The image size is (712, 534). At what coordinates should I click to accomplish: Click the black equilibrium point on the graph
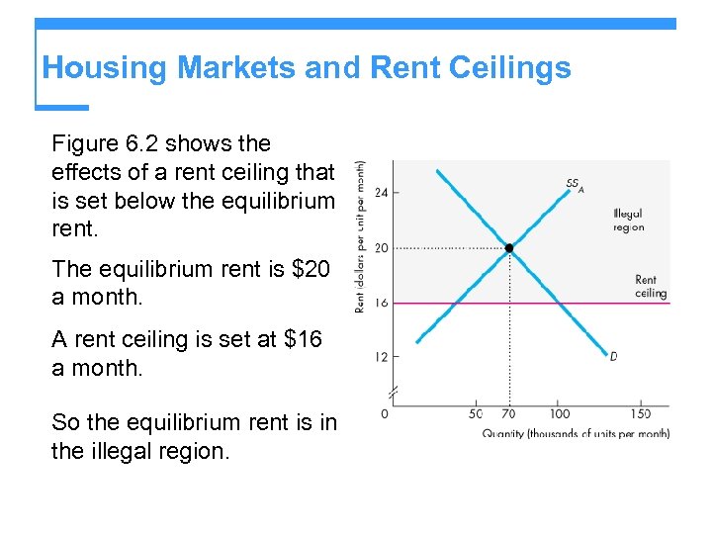509,248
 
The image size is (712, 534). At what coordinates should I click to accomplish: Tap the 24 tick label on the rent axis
381,192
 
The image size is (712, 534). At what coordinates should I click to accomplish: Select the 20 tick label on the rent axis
381,248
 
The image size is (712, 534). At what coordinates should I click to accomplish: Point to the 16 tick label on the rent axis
381,304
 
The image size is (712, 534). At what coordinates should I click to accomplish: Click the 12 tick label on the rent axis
381,356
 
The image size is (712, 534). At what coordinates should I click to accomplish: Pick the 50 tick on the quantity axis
476,413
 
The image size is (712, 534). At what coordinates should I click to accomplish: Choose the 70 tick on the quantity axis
509,413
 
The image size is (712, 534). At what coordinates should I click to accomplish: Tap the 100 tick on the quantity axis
560,413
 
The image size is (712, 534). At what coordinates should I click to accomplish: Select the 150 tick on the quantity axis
642,413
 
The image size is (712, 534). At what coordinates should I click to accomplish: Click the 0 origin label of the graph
384,413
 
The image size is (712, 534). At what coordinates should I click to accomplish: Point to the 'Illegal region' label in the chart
628,221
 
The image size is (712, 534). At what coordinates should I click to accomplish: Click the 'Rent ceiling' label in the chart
651,287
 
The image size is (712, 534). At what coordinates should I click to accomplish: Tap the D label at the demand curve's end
613,357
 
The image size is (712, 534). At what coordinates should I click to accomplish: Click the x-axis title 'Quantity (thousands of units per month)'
576,433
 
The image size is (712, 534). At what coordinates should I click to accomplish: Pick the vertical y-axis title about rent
362,237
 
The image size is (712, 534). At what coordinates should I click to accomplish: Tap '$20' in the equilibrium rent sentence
310,269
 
